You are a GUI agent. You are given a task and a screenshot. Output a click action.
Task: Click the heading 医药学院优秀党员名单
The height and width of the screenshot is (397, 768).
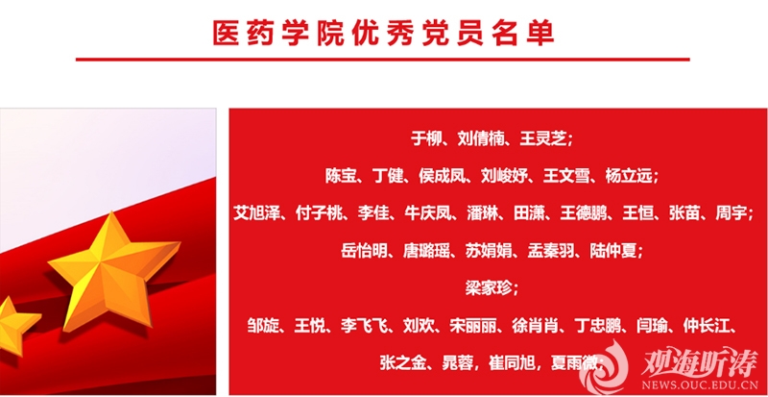(x=383, y=34)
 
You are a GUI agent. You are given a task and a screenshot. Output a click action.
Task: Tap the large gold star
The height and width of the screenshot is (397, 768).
(x=113, y=272)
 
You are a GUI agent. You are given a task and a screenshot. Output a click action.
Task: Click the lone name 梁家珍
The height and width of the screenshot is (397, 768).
(x=488, y=288)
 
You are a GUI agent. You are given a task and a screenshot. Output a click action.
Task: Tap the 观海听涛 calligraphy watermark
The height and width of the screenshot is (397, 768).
(x=698, y=363)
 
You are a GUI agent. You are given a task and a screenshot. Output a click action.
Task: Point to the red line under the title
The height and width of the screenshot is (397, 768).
(x=382, y=60)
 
